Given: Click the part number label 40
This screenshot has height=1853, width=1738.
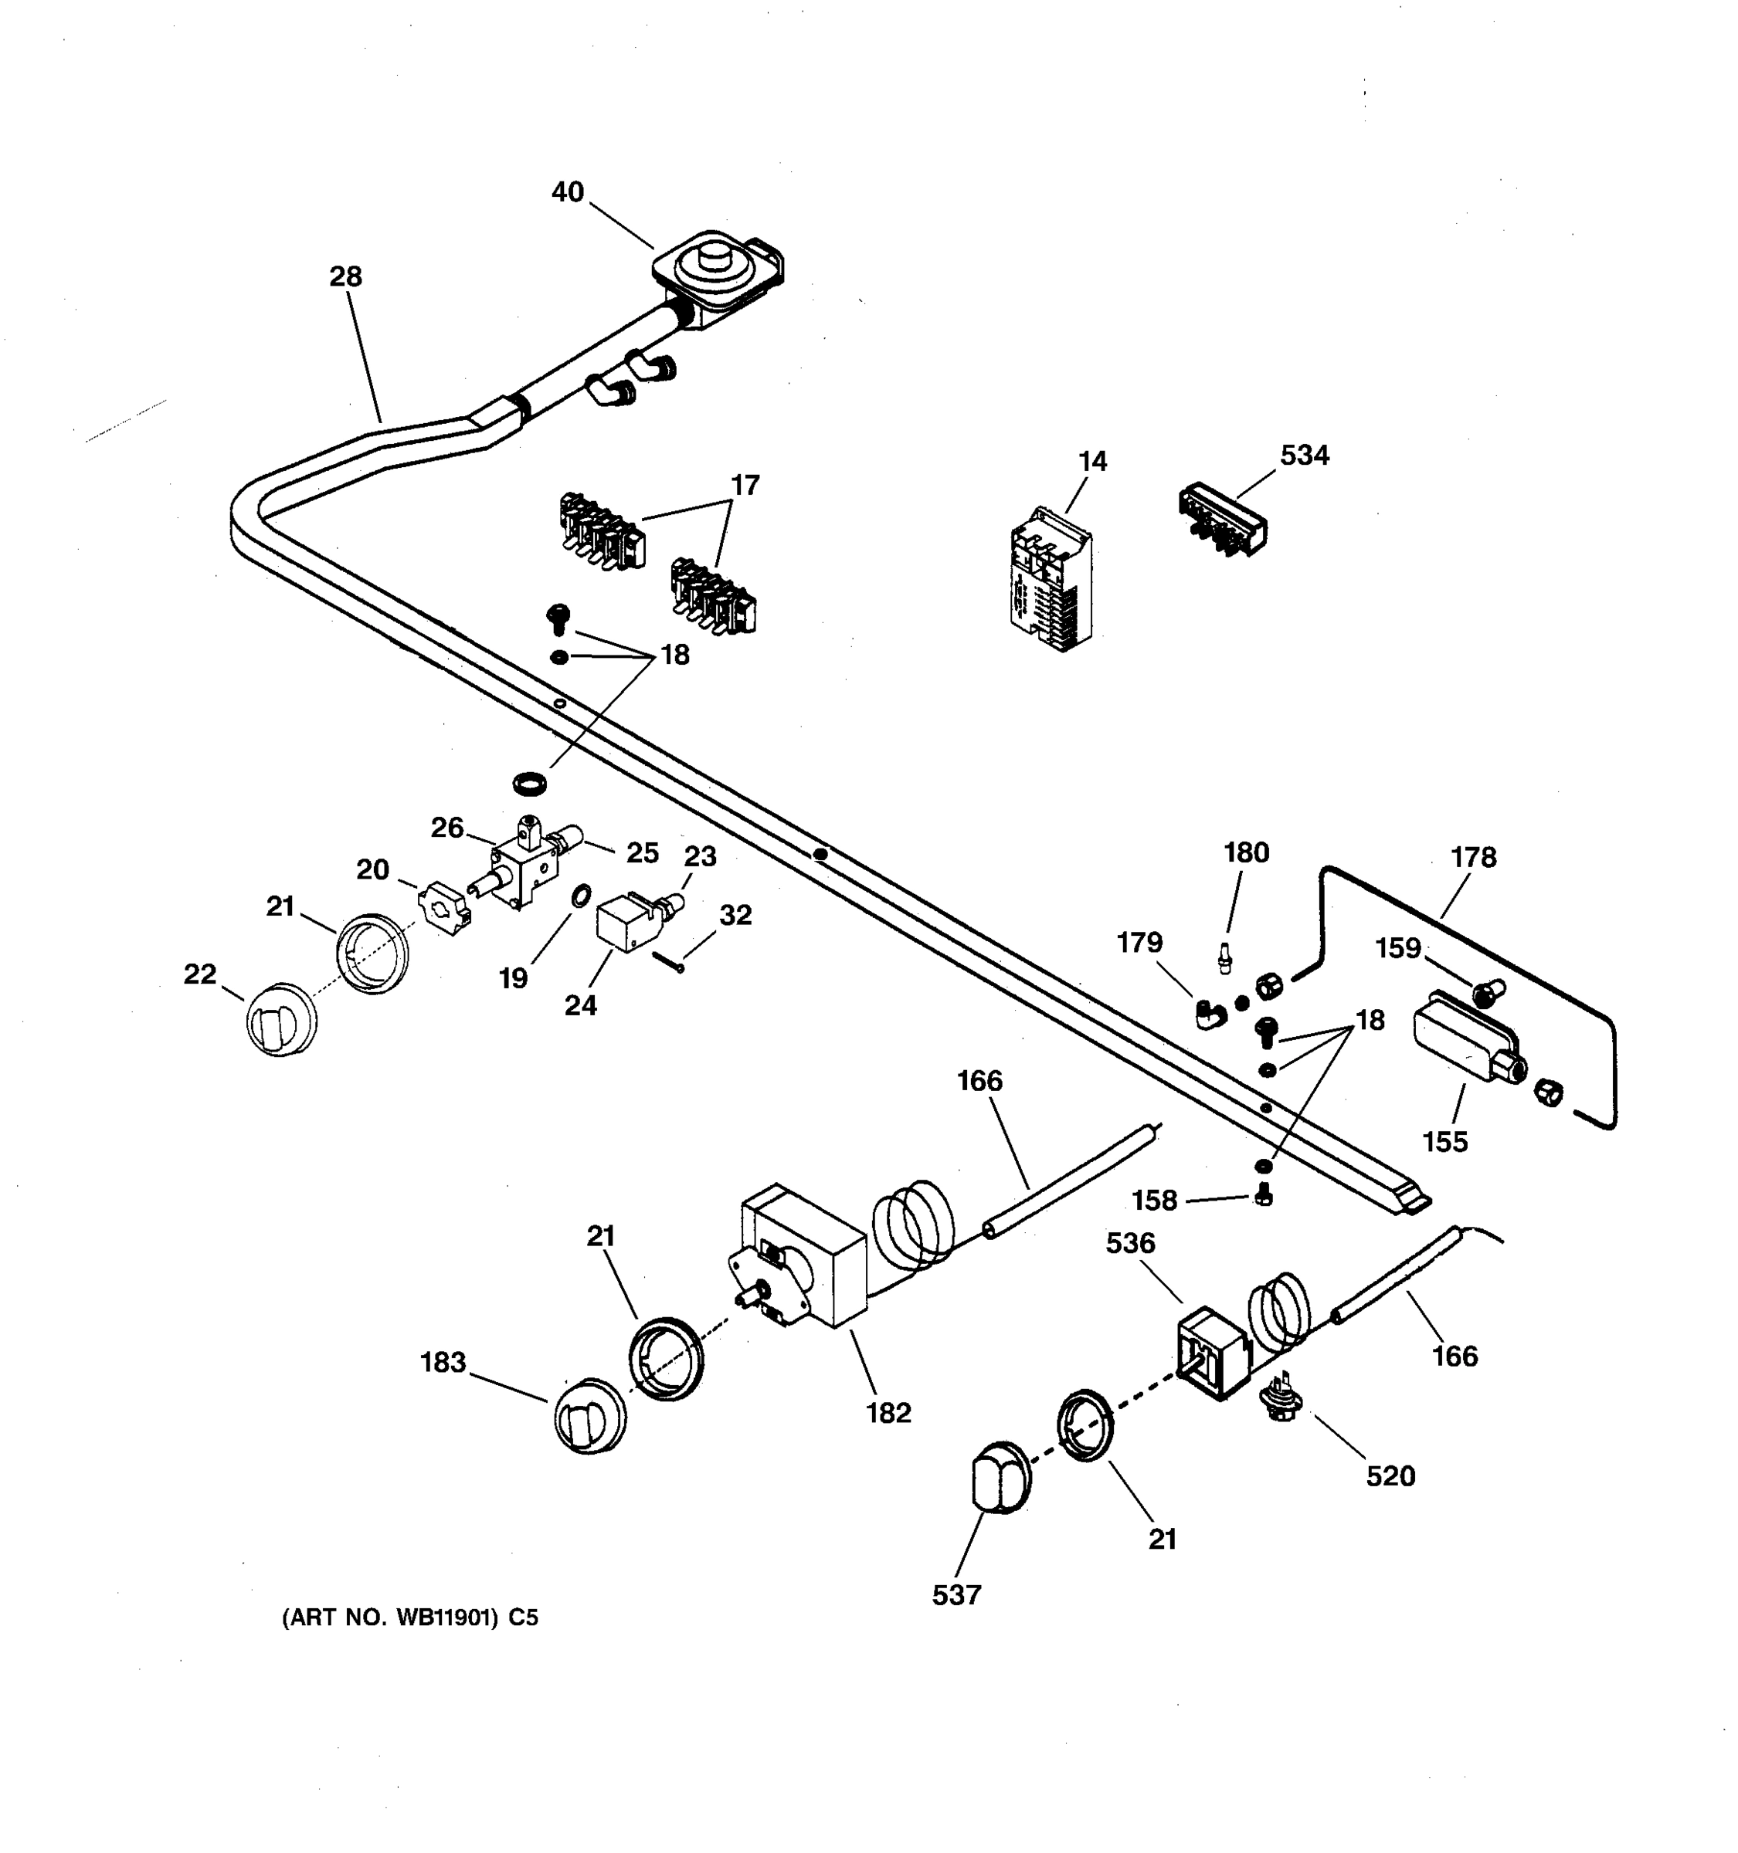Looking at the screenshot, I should point(567,192).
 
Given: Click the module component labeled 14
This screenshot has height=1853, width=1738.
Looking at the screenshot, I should point(1051,580).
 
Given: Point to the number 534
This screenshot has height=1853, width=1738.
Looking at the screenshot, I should point(1304,455).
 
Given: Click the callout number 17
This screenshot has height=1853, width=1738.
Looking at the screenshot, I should point(744,485).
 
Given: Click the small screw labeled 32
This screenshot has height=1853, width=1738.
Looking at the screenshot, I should point(667,961).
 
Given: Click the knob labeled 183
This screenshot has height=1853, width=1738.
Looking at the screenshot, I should point(589,1416).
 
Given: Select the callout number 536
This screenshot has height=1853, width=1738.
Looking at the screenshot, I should point(1130,1242).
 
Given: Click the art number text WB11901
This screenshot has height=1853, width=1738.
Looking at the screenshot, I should point(446,1618).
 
